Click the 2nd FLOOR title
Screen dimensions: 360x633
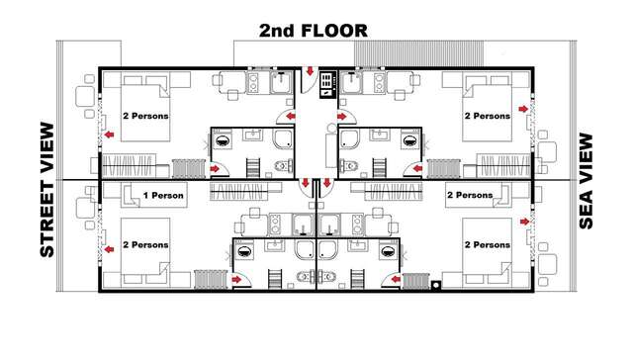[314, 30]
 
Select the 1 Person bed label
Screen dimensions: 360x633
[164, 196]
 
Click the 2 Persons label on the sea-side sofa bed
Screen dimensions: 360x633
[470, 196]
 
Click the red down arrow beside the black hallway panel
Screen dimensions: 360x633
[310, 73]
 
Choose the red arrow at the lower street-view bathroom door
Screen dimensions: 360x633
[236, 280]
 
